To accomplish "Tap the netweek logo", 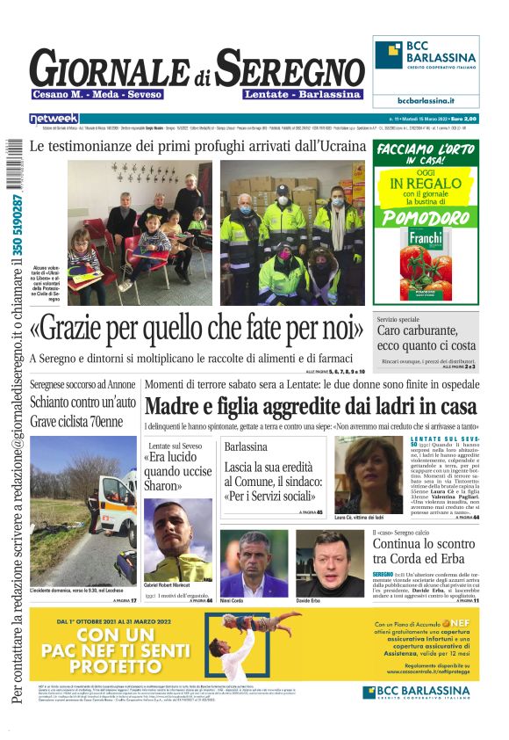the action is coord(54,118).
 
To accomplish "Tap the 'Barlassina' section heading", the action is coord(246,446).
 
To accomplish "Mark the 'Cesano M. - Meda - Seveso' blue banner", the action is coord(90,94).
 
